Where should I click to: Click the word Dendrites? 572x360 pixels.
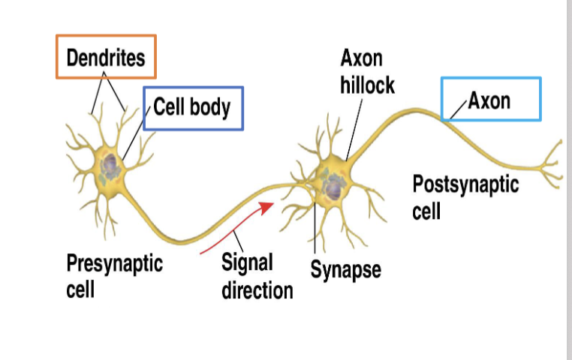106,57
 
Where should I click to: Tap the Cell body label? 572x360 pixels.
192,107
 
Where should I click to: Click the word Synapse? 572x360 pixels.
345,269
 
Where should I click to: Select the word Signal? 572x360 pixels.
247,263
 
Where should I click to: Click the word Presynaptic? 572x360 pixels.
114,263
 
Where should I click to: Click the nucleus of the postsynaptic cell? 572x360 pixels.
330,187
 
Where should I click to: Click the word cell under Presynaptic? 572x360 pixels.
80,289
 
